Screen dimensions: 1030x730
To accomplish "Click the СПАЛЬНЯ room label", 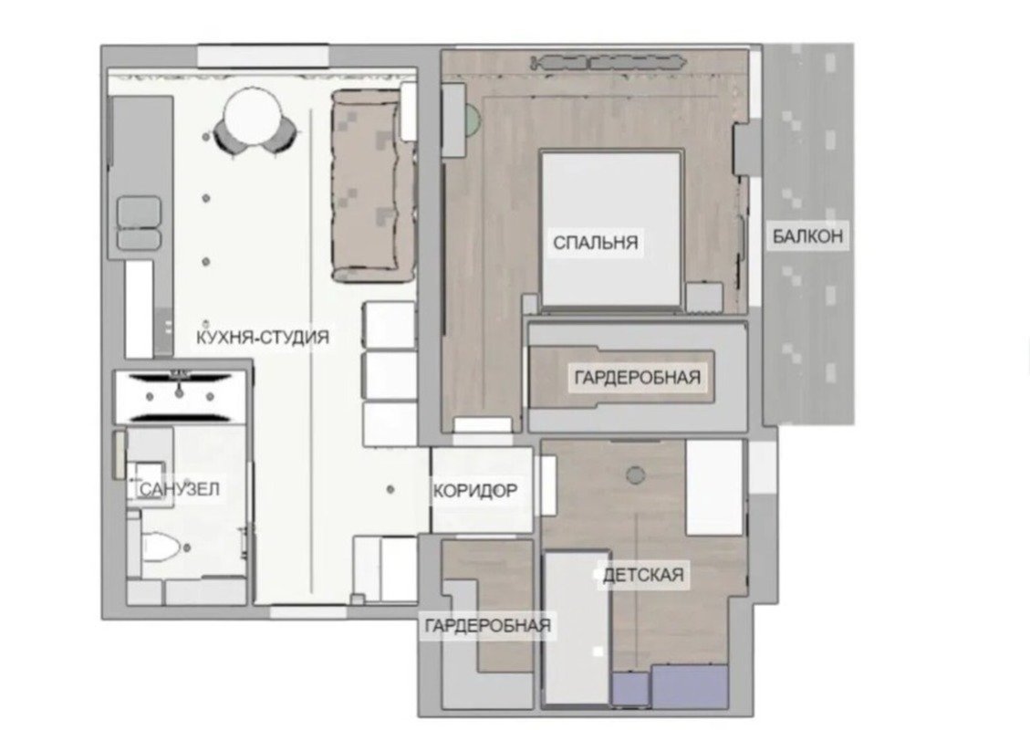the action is click(x=595, y=243).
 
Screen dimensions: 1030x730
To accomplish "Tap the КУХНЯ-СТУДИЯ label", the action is click(x=263, y=338).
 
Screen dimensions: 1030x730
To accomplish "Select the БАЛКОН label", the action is click(x=807, y=236).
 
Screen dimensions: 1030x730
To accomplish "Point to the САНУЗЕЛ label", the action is click(x=180, y=489).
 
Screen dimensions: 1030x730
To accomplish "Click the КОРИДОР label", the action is click(x=475, y=491).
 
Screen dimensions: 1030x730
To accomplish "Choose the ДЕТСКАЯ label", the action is click(x=643, y=575).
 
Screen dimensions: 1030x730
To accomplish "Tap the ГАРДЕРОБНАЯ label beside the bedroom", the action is click(x=637, y=378).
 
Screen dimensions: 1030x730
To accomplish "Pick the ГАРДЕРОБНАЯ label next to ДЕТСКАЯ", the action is click(x=487, y=626).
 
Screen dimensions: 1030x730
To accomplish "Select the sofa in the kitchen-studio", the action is click(x=373, y=187).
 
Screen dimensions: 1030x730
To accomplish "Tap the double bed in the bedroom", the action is click(x=610, y=229).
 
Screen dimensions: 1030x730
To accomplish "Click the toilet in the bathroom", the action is click(x=161, y=547).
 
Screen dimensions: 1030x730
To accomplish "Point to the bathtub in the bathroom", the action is click(x=181, y=397).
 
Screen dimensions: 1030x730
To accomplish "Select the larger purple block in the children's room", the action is click(x=690, y=686).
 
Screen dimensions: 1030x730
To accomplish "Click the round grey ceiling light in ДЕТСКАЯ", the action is click(x=635, y=475).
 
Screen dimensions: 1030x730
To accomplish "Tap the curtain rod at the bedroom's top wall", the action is click(x=609, y=63).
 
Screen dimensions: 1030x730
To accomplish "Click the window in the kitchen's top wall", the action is click(x=263, y=55).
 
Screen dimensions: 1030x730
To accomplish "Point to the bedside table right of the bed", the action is click(x=704, y=298).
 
